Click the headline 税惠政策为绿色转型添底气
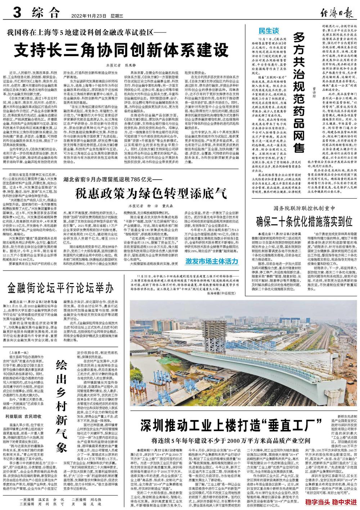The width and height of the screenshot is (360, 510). pos(150,194)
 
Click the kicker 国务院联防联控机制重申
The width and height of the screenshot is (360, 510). pos(307,208)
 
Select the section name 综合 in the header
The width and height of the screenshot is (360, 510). pos(45,14)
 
